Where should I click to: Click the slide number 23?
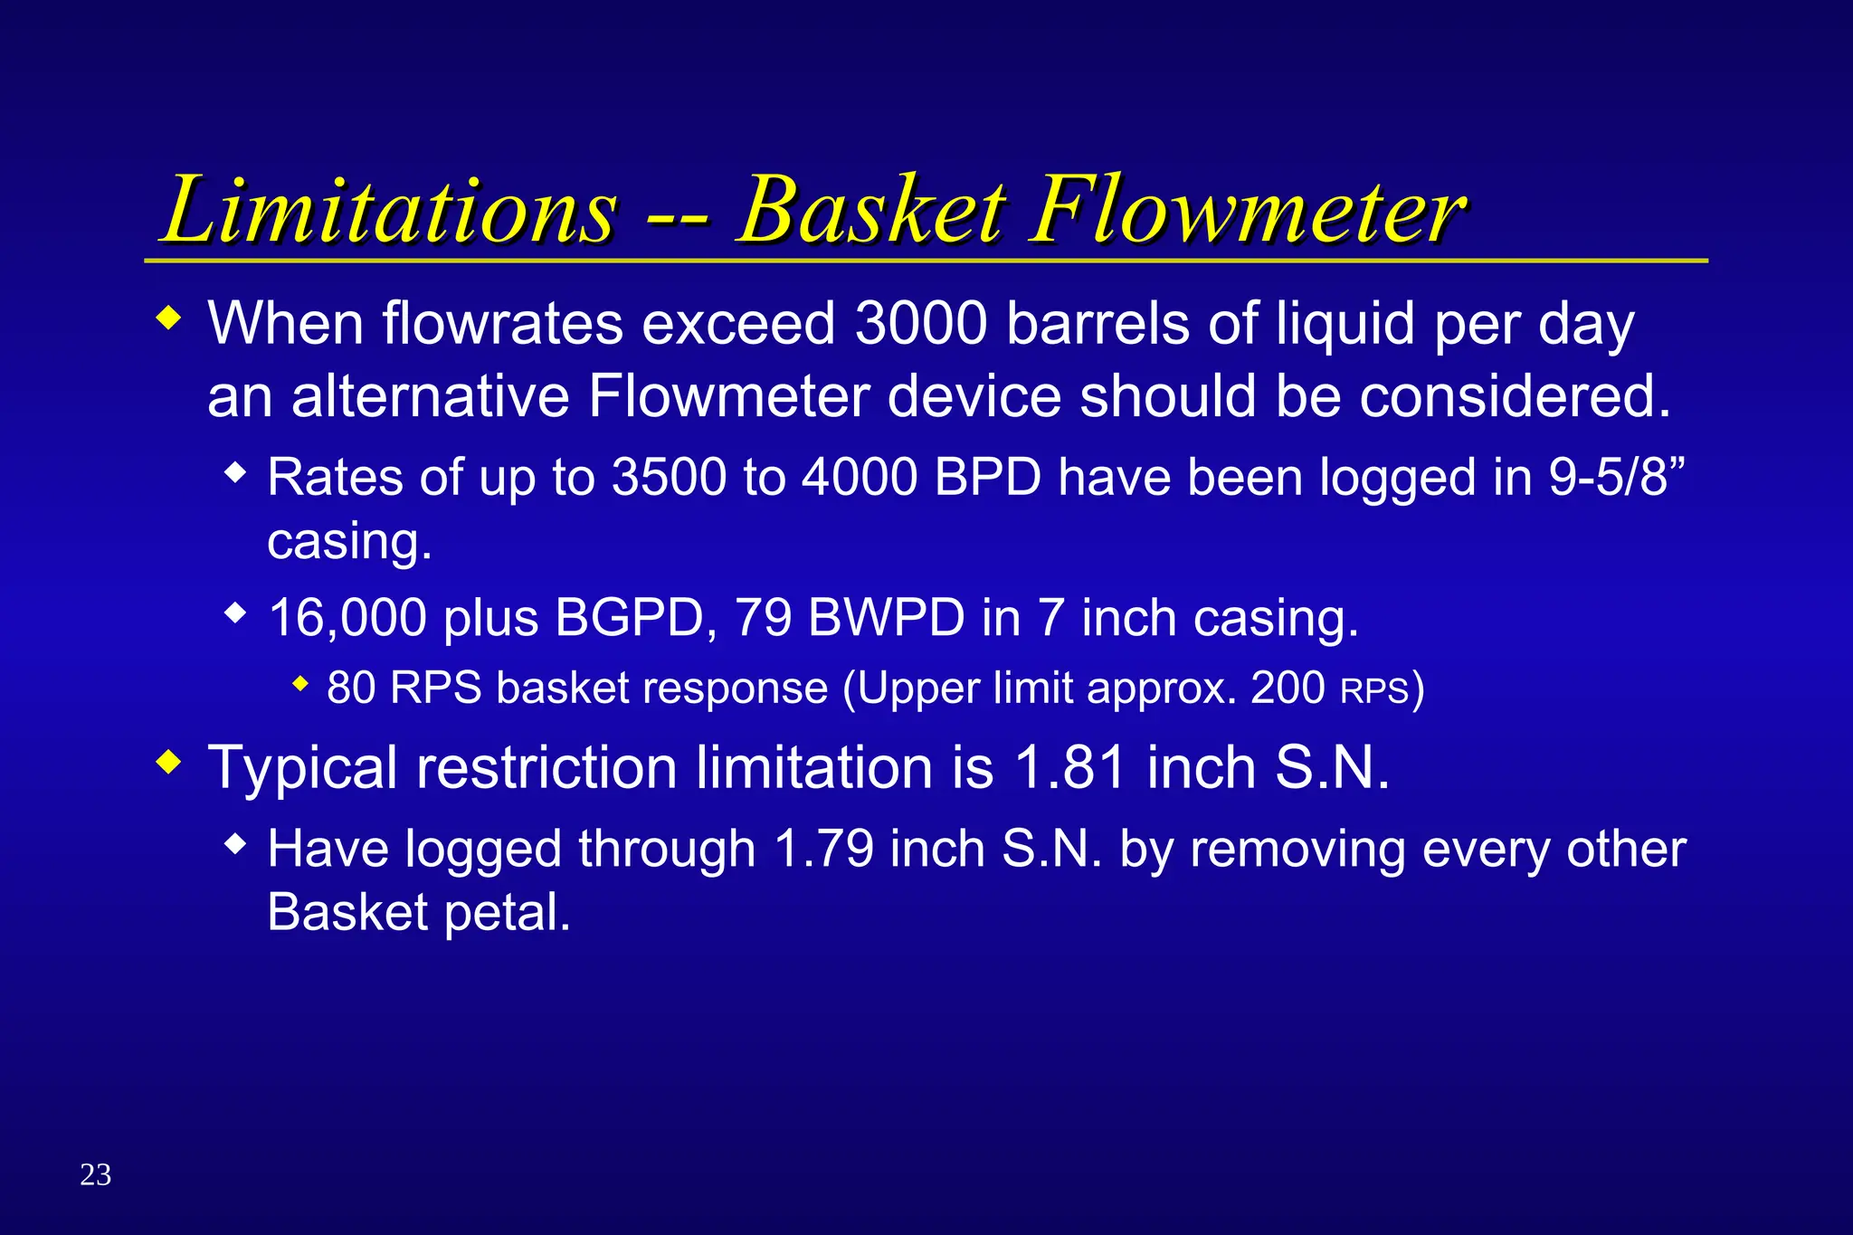(96, 1174)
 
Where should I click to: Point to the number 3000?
(921, 323)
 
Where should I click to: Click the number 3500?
(669, 477)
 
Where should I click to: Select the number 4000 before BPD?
(860, 477)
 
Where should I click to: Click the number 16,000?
(347, 618)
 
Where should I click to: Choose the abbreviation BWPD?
(887, 618)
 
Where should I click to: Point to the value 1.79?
(824, 849)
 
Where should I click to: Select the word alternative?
(430, 396)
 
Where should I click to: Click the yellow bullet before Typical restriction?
(168, 762)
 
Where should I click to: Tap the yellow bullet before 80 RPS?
(301, 684)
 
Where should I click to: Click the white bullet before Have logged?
(235, 845)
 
